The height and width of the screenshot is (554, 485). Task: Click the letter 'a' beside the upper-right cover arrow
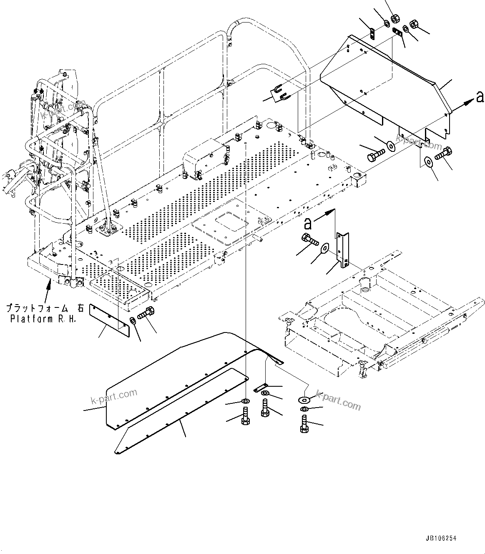480,97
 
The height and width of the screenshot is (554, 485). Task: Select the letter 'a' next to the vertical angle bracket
308,224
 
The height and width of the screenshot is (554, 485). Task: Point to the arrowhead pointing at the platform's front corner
49,283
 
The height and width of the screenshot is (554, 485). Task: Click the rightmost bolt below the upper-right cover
443,155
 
